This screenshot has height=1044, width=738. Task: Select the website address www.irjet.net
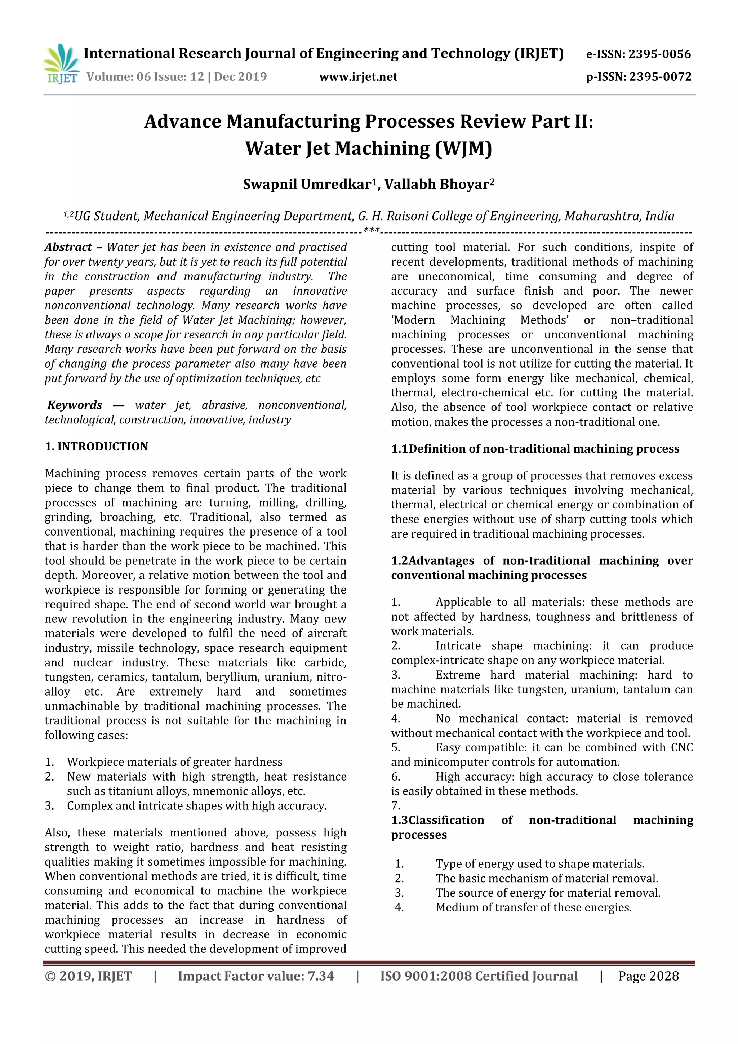click(x=358, y=76)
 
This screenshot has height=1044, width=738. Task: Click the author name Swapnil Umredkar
click(x=307, y=184)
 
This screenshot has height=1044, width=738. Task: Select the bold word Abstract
click(x=68, y=247)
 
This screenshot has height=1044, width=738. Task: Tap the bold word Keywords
click(x=75, y=405)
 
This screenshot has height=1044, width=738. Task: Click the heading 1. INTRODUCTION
click(x=97, y=446)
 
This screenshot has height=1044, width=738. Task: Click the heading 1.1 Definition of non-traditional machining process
click(x=535, y=448)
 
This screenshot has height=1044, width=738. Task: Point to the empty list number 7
click(x=395, y=805)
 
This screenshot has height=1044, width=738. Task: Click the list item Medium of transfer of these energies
click(x=533, y=907)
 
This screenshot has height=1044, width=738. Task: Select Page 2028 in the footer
click(x=648, y=976)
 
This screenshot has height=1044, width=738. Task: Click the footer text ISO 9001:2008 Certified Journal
click(x=479, y=976)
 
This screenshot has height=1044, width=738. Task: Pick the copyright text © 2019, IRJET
click(x=88, y=976)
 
